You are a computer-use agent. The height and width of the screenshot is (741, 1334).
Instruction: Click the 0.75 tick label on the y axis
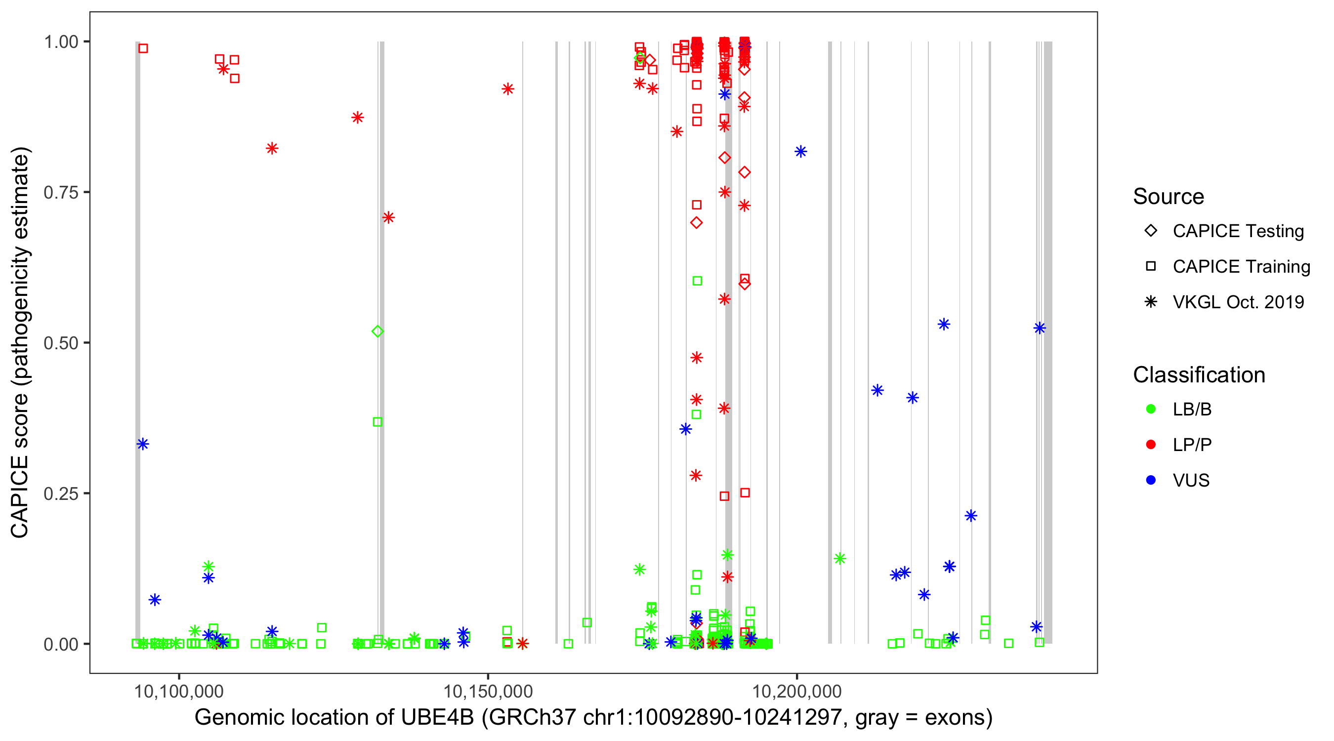click(x=60, y=193)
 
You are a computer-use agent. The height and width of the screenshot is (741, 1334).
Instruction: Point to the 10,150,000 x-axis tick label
click(x=488, y=691)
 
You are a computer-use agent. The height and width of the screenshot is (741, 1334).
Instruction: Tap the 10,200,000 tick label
click(x=796, y=691)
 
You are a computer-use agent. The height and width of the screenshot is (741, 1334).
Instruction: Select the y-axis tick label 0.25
click(x=60, y=494)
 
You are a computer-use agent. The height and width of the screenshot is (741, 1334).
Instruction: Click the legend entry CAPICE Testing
click(x=1238, y=231)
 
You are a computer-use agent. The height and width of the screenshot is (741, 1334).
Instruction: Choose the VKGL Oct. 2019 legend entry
click(x=1238, y=302)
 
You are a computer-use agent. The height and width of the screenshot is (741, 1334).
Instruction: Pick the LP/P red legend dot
click(x=1151, y=445)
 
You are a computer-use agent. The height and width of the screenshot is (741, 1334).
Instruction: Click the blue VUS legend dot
click(x=1151, y=480)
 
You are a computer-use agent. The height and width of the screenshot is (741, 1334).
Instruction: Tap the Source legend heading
click(x=1168, y=197)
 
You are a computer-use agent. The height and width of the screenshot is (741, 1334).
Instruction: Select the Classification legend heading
click(x=1199, y=375)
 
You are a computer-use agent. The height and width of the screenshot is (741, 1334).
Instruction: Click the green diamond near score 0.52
click(x=377, y=331)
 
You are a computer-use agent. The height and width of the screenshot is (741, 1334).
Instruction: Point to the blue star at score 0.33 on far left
click(x=143, y=444)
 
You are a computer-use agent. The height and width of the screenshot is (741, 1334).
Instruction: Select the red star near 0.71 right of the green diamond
click(x=388, y=217)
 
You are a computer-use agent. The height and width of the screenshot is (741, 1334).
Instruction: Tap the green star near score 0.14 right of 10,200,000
click(x=840, y=558)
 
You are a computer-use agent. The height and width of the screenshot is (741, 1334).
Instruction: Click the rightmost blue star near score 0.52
click(x=1040, y=329)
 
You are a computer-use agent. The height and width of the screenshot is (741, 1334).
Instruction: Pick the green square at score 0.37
click(x=377, y=422)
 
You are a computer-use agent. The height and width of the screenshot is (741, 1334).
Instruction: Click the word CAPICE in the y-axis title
click(x=20, y=497)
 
